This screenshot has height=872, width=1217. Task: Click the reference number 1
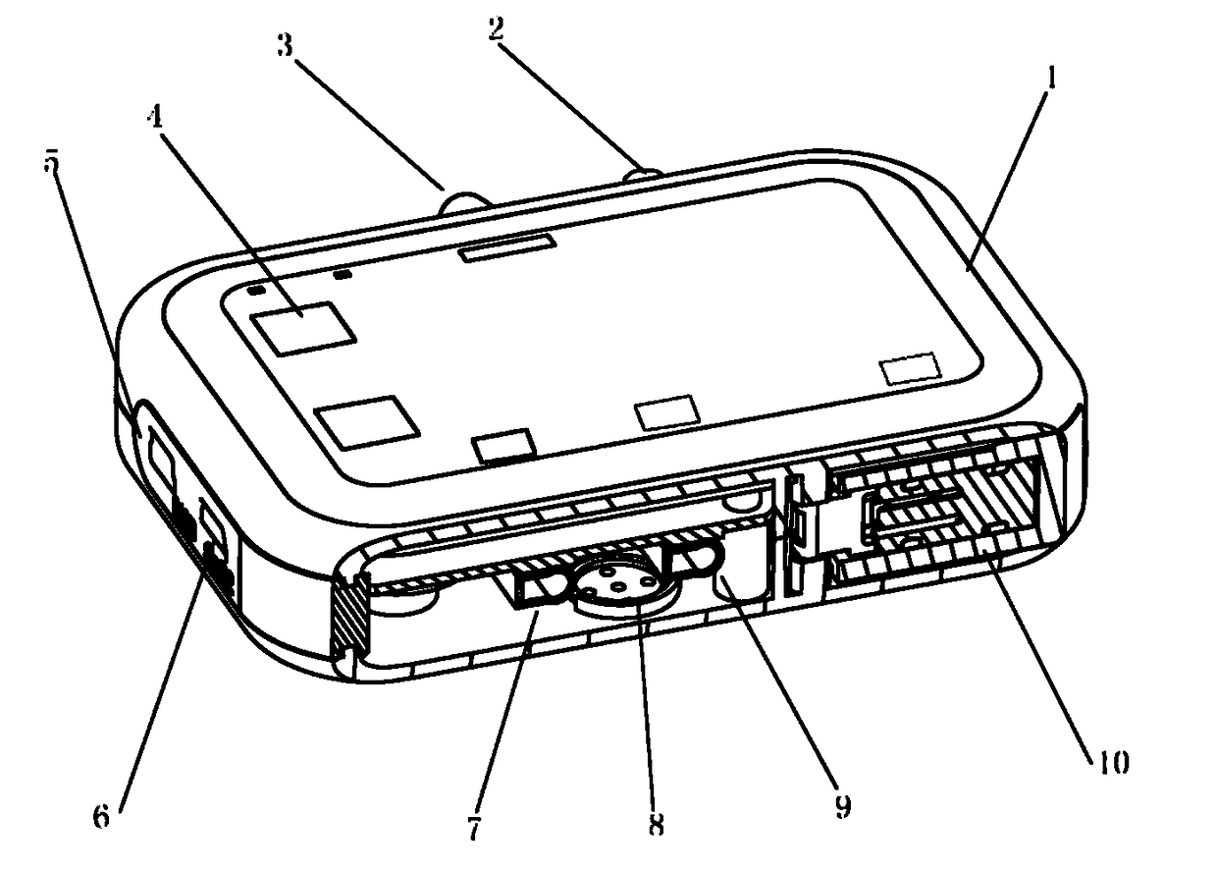(x=1049, y=80)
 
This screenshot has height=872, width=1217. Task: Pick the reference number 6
(x=101, y=817)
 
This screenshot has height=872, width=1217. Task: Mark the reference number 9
(x=841, y=807)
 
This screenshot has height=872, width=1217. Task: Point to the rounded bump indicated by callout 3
(x=463, y=202)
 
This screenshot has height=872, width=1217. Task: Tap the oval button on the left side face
(x=156, y=459)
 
